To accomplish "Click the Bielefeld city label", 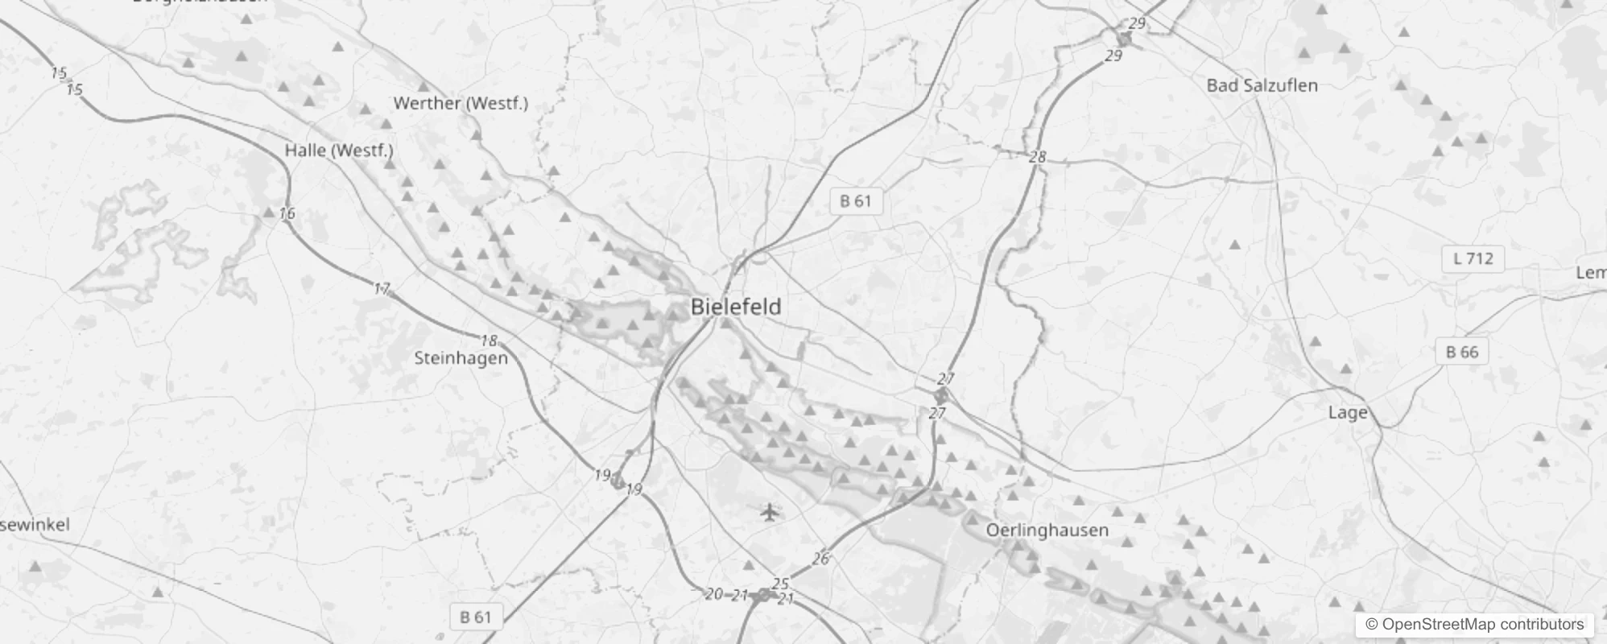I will point(736,307).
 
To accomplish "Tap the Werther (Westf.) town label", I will point(461,103).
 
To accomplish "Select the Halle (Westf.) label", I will point(339,151).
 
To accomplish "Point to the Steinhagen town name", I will point(461,358).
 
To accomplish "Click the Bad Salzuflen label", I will point(1262,85).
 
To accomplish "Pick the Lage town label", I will point(1347,413).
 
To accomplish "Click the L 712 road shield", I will point(1473,259).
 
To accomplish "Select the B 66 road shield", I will point(1461,352).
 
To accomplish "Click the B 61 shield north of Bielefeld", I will point(855,201).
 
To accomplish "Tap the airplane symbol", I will point(770,511).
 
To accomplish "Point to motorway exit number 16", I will point(287,213).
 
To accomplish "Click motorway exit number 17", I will point(382,288).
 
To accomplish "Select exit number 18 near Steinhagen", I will point(488,341).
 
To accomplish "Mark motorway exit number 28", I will point(1037,157).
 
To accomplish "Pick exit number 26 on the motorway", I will point(820,559).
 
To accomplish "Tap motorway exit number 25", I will point(780,584).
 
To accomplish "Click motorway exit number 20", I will point(713,594).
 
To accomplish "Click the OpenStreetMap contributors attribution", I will point(1473,625).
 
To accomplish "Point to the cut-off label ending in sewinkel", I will point(35,525).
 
